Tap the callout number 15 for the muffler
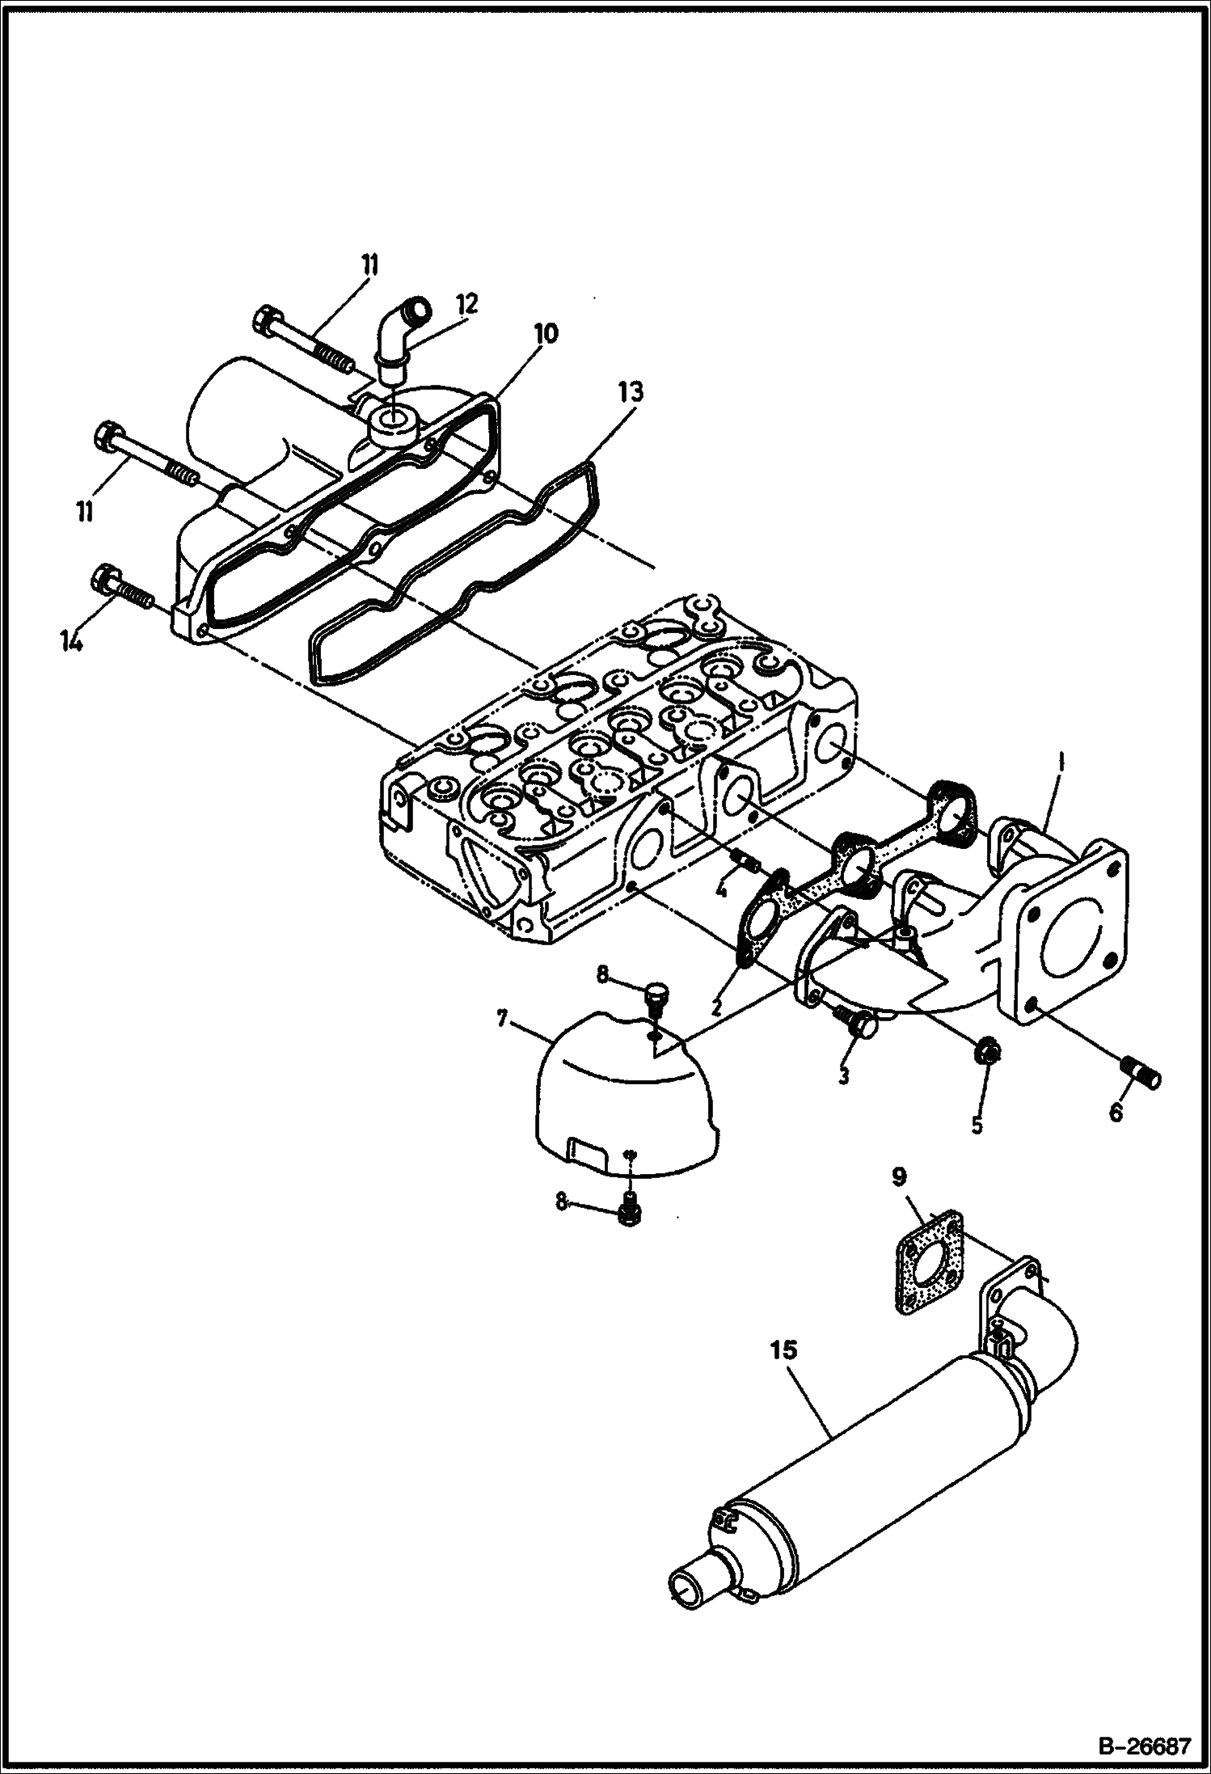click(x=783, y=1350)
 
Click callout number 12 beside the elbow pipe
click(x=466, y=304)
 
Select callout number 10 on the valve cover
click(x=545, y=333)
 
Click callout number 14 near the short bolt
click(x=71, y=642)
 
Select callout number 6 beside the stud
click(x=1116, y=1113)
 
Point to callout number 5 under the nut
click(x=977, y=1125)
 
